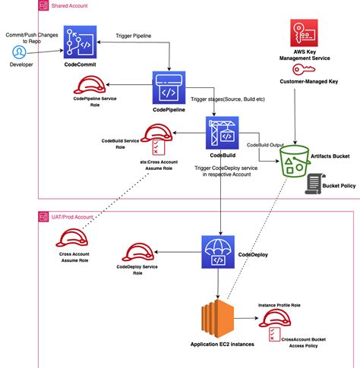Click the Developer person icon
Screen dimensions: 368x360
tap(20, 52)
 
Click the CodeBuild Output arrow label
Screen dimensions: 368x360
tap(266, 143)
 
